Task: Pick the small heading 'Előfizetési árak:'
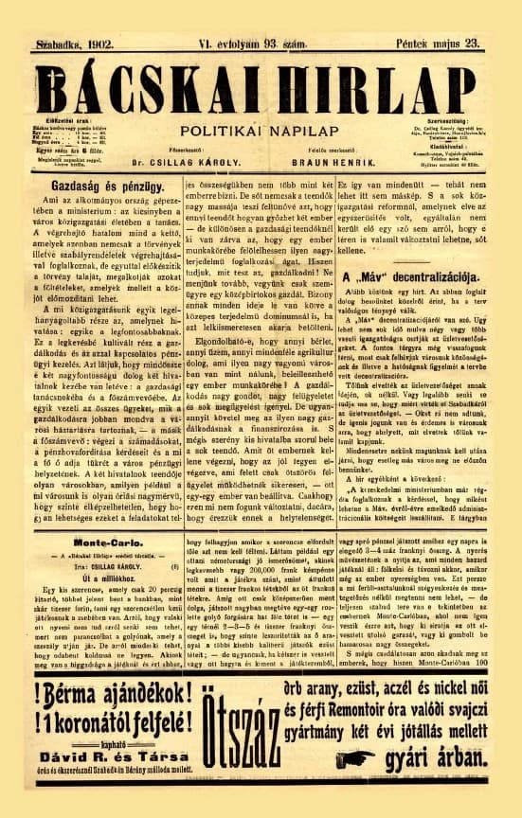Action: click(78, 121)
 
